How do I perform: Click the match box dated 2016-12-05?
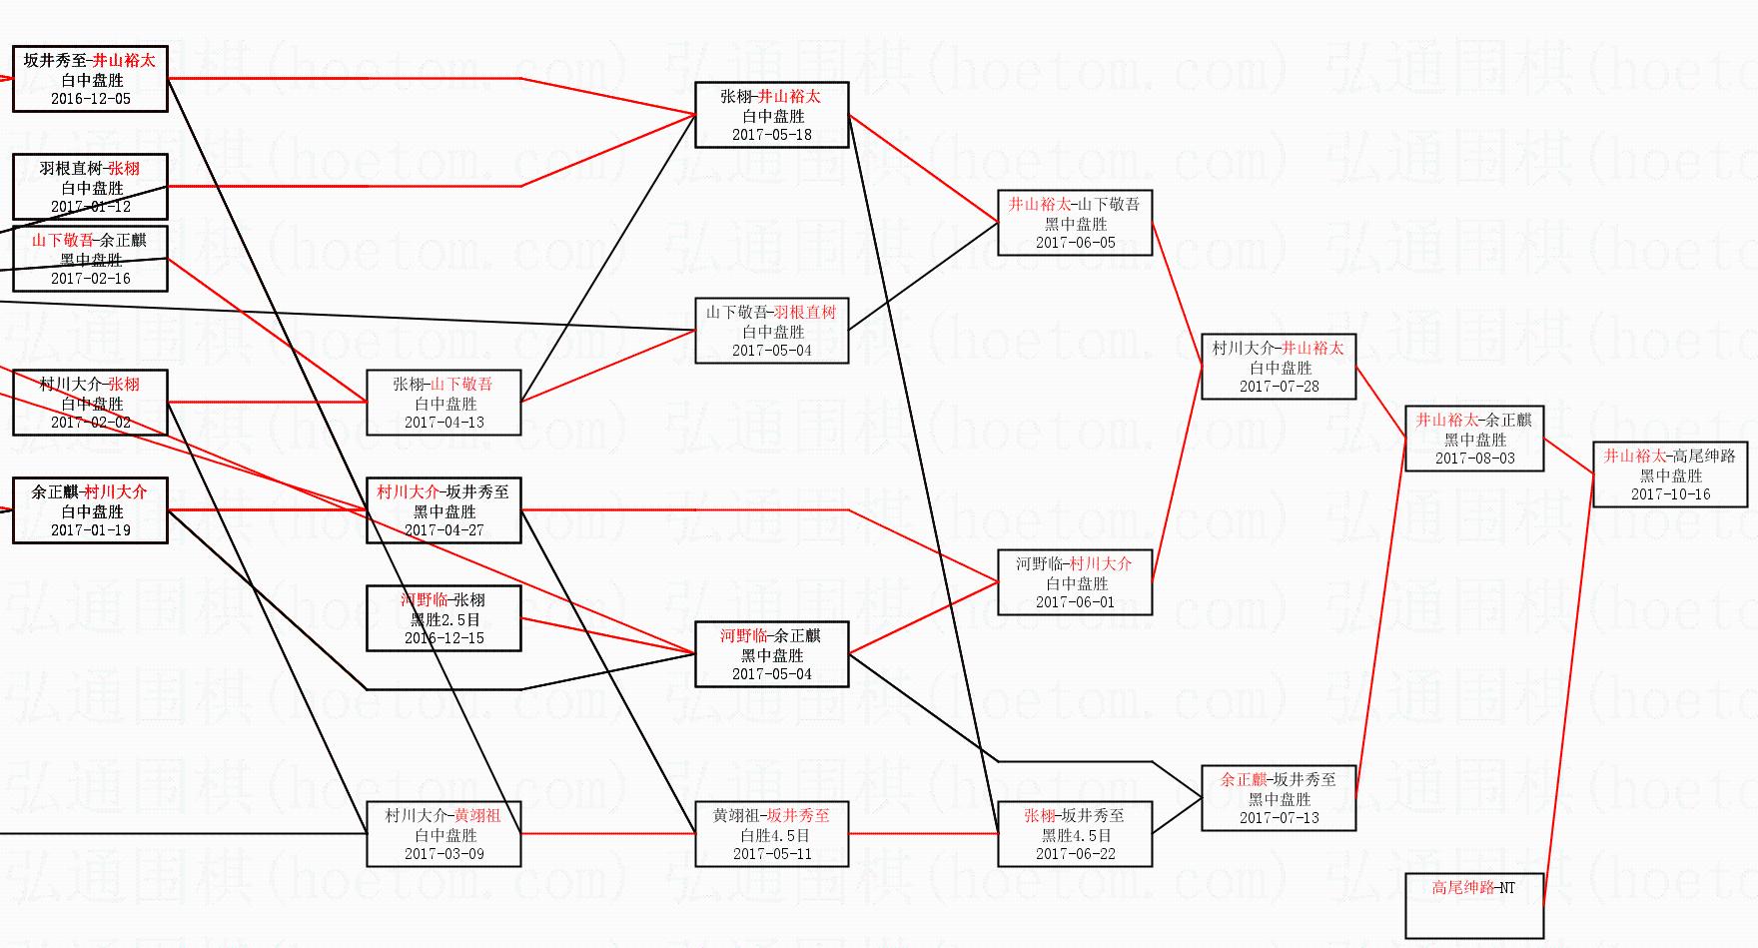(x=90, y=79)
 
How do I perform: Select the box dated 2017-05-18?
(x=772, y=115)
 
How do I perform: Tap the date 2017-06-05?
(x=1075, y=243)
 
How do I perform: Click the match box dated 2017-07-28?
(x=1279, y=367)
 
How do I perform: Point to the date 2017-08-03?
(x=1474, y=459)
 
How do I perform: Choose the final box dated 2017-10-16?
(x=1670, y=474)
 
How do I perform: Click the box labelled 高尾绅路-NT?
(x=1474, y=905)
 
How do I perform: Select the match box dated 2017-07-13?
(x=1279, y=798)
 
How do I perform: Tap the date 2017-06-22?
(x=1075, y=854)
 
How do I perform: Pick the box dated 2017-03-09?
(x=444, y=834)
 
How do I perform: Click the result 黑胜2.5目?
(x=444, y=619)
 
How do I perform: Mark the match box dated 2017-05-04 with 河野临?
(x=772, y=654)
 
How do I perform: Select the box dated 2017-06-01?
(x=1075, y=582)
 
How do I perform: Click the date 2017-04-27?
(x=444, y=530)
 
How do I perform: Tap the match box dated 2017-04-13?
(x=444, y=403)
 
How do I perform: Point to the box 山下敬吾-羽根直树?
(x=772, y=331)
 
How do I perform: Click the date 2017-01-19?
(x=90, y=530)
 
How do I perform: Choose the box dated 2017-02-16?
(x=90, y=259)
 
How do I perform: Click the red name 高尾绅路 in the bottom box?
(x=1462, y=887)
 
